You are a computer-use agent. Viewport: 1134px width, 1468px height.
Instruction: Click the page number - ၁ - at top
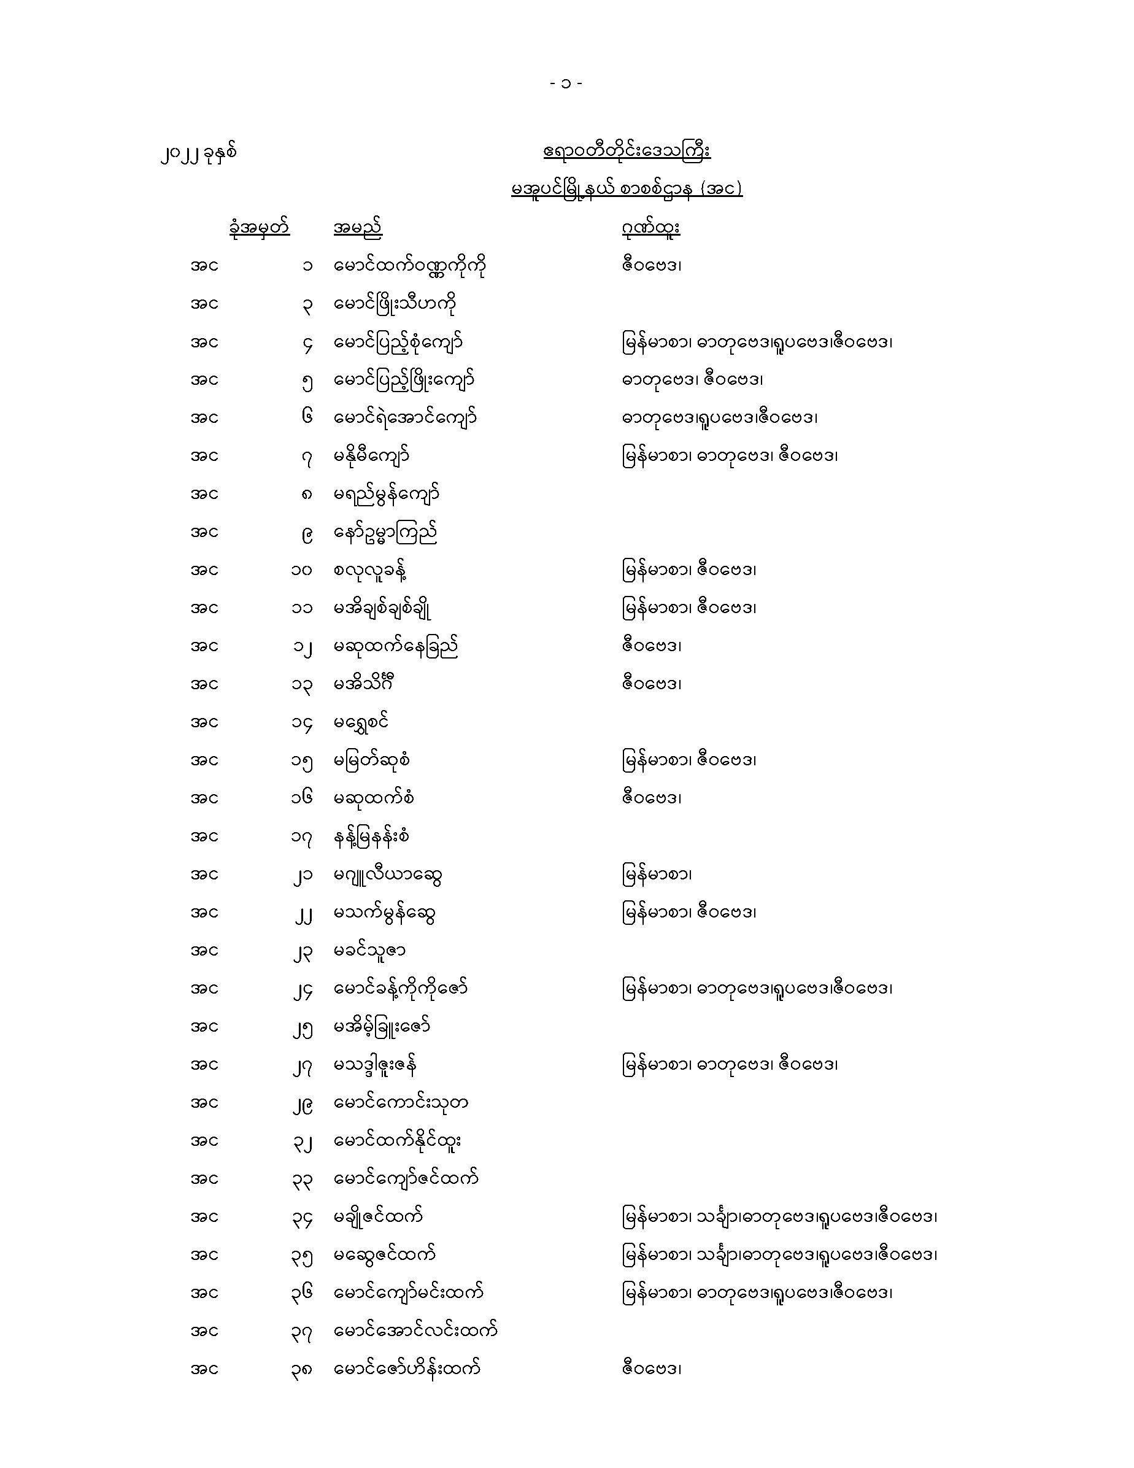566,83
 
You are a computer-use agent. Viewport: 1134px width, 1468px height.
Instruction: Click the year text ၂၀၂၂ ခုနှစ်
199,154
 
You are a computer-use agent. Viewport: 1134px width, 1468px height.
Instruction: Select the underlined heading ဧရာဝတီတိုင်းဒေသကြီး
627,150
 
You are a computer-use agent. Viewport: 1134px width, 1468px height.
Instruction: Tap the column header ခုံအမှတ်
259,228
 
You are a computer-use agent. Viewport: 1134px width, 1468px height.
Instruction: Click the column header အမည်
358,228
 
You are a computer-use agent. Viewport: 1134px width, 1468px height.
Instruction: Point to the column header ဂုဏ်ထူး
650,228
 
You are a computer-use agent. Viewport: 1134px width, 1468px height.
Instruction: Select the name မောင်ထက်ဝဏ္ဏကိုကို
410,266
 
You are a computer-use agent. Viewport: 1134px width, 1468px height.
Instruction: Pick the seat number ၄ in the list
307,344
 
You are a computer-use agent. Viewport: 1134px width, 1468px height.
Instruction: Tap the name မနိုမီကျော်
372,457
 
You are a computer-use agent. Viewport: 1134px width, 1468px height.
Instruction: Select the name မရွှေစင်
361,722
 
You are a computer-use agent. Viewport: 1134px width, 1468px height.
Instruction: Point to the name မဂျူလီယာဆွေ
388,875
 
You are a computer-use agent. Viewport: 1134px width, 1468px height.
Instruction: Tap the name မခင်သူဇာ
369,951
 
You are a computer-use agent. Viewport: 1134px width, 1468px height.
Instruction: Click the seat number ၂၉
303,1103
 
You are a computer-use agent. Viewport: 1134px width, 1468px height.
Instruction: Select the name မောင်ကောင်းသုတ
401,1103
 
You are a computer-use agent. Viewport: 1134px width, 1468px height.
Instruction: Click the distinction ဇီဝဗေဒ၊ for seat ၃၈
651,1369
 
